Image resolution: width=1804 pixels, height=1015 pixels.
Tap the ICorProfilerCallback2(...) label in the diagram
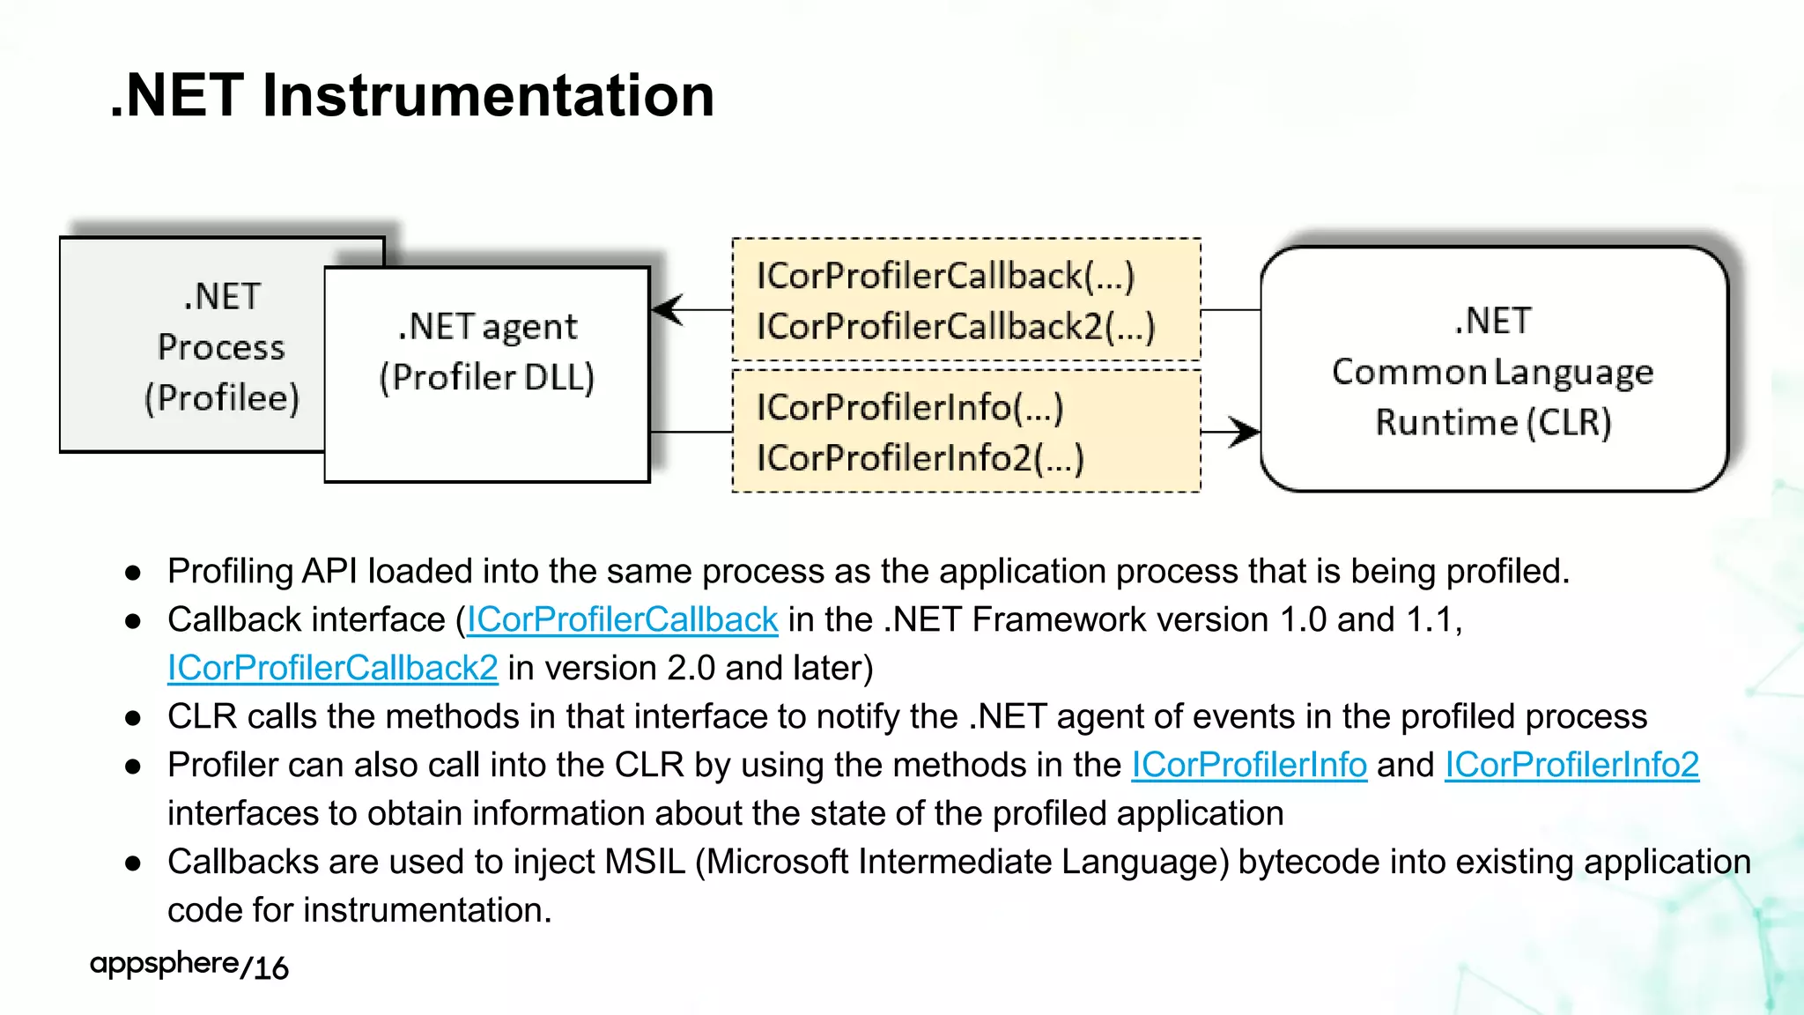point(956,327)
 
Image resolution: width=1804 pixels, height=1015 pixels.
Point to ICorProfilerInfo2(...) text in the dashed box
point(920,458)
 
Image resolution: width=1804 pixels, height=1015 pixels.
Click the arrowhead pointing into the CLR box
point(1244,432)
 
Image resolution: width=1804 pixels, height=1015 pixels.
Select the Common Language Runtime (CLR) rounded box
point(1493,370)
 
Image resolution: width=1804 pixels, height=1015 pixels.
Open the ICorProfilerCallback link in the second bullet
point(622,620)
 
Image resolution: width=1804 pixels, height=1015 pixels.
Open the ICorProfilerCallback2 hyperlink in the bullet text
point(332,669)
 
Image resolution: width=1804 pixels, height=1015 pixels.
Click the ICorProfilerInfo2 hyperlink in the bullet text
point(1571,765)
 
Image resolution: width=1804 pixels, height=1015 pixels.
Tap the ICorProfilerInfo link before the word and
point(1249,765)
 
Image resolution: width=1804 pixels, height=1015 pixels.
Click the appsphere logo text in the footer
point(164,964)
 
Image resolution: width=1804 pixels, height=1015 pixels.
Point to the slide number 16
point(271,968)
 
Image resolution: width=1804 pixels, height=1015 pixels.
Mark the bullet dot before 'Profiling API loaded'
point(133,573)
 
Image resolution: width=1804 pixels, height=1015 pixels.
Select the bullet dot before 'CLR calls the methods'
point(133,718)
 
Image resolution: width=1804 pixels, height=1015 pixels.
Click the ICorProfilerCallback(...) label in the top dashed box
point(945,276)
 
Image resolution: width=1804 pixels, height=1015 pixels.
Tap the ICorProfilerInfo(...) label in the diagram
point(910,408)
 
